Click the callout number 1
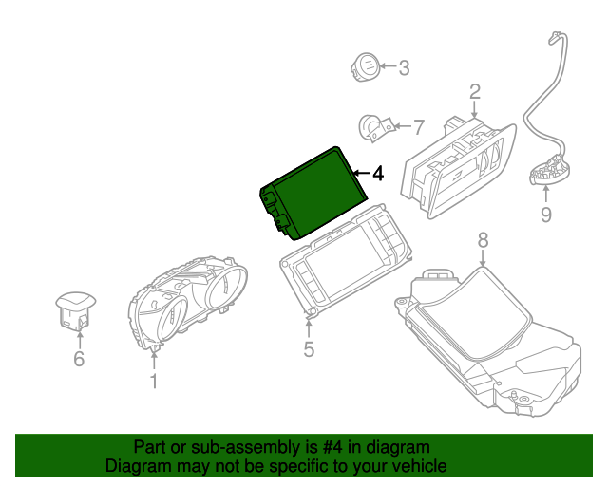point(153,382)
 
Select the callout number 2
point(474,92)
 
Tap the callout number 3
point(404,67)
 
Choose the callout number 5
point(309,349)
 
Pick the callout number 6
point(79,359)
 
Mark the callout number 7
point(419,126)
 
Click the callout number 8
point(482,241)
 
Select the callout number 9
point(545,215)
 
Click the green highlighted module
point(312,191)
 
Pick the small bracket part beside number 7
point(371,127)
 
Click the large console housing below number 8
point(484,342)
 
